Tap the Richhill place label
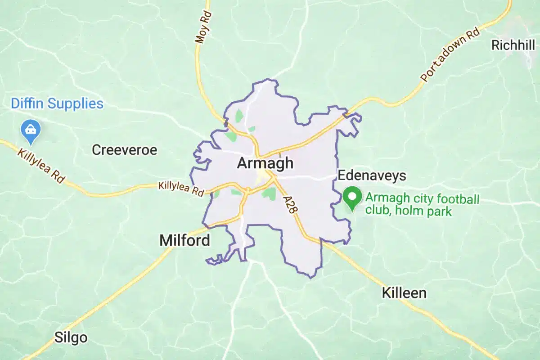(513, 45)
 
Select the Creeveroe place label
(125, 150)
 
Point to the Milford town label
(184, 240)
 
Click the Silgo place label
(71, 337)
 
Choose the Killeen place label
(404, 293)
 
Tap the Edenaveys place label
(372, 175)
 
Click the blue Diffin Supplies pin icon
(31, 130)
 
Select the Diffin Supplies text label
(57, 103)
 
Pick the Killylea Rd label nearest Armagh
(181, 188)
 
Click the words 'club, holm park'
(408, 211)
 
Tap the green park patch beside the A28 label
(269, 194)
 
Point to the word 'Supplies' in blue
(75, 103)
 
